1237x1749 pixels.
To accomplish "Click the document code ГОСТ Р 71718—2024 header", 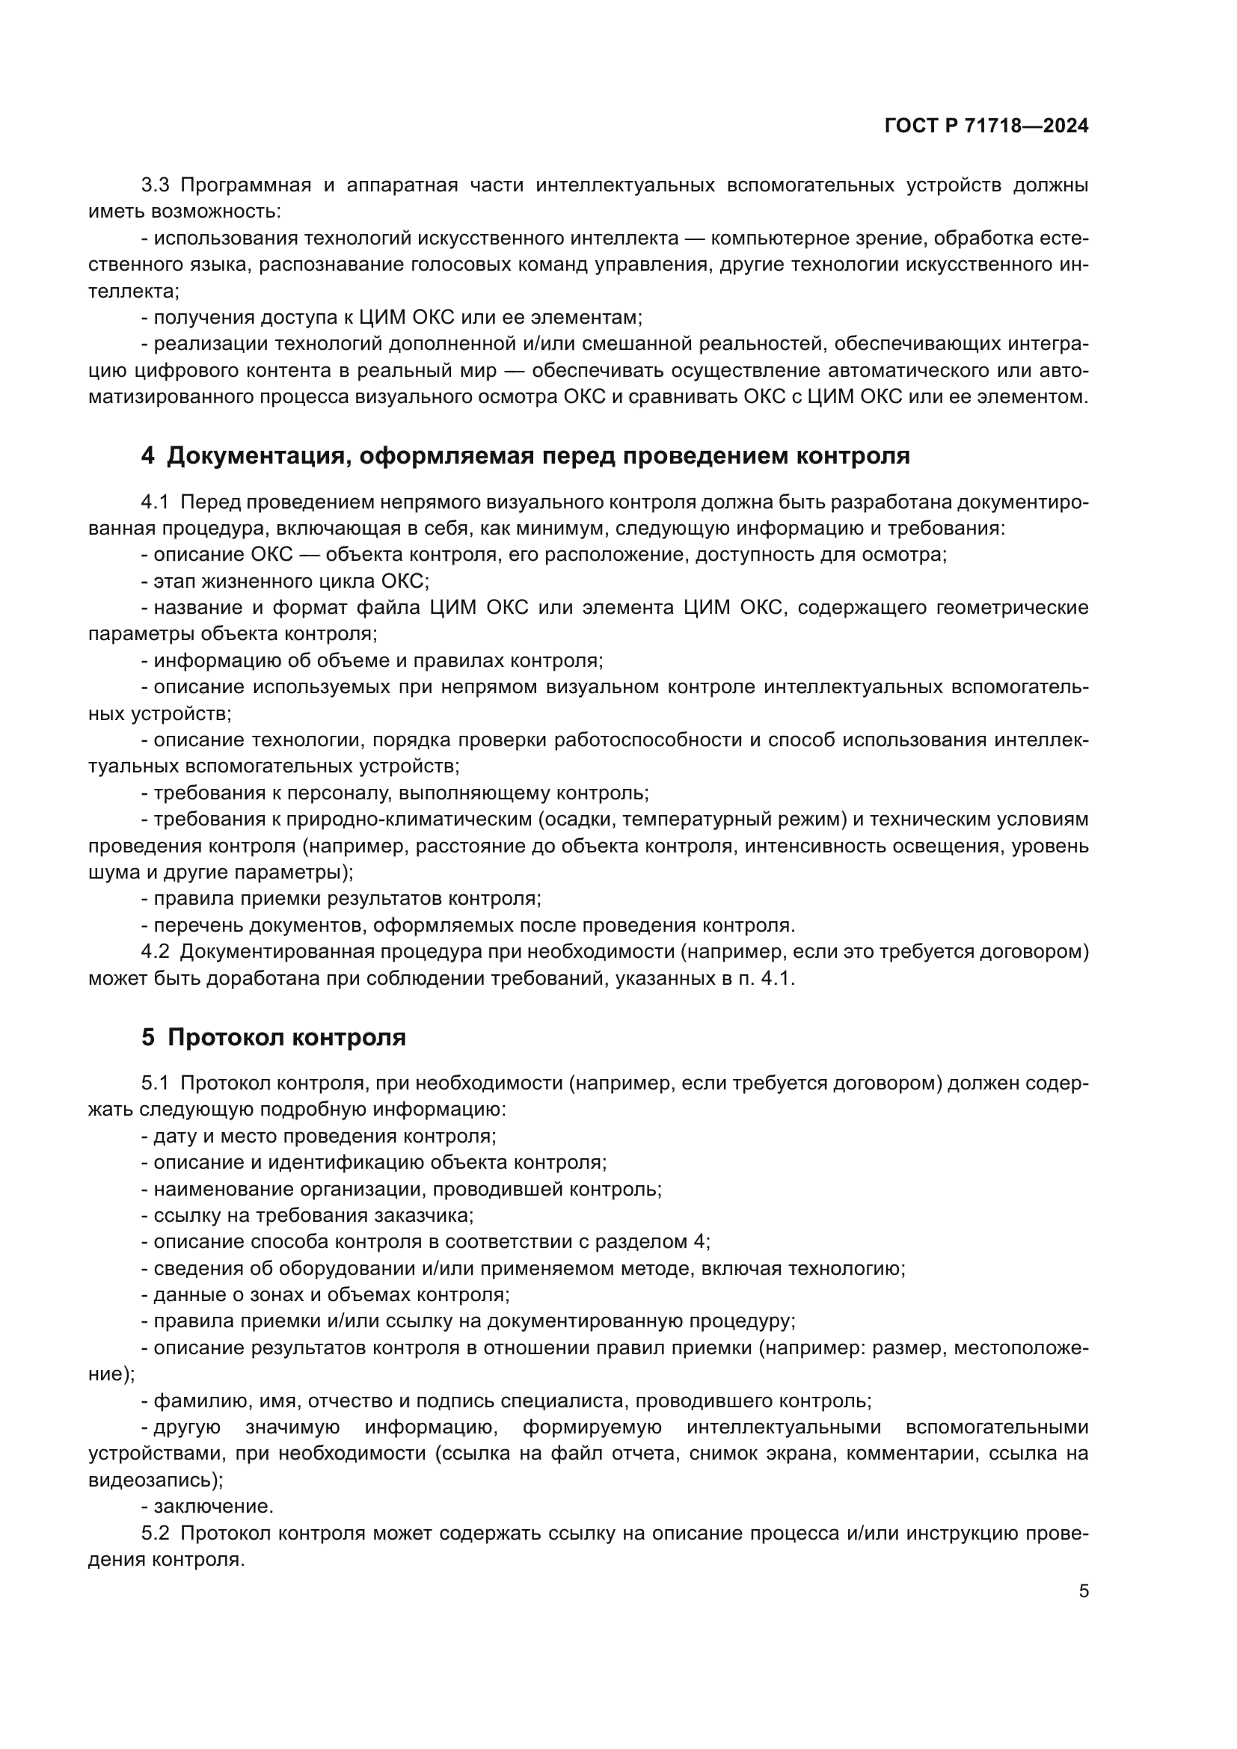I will (x=986, y=126).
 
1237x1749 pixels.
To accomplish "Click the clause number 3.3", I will (x=155, y=185).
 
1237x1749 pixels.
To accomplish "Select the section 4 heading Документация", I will (x=526, y=455).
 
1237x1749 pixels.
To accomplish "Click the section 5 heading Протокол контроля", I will (x=274, y=1038).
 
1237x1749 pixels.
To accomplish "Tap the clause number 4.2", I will (x=155, y=951).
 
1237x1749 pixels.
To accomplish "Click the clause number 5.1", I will (x=155, y=1083).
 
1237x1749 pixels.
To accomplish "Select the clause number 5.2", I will (x=155, y=1533).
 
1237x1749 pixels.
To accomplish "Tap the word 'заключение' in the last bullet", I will (x=212, y=1506).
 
